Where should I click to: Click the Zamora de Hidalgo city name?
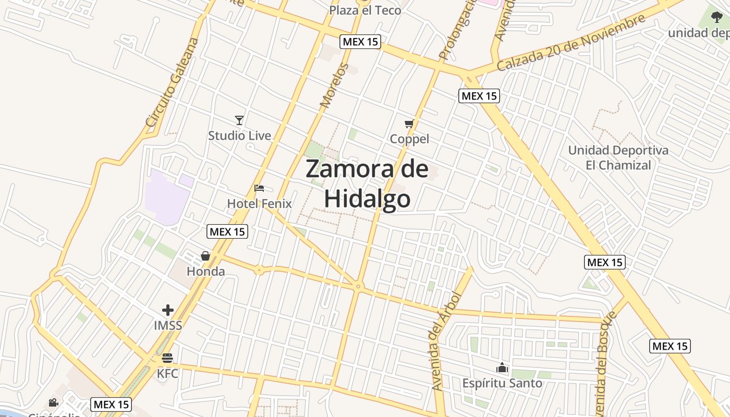pyautogui.click(x=367, y=183)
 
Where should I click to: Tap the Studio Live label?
pyautogui.click(x=239, y=136)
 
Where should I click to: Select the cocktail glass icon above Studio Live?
pyautogui.click(x=239, y=120)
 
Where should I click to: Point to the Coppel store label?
pyautogui.click(x=409, y=139)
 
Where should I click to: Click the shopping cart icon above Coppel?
pyautogui.click(x=409, y=124)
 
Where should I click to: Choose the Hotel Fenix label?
pyautogui.click(x=259, y=203)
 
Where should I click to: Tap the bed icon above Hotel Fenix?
pyautogui.click(x=259, y=188)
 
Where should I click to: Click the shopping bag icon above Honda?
pyautogui.click(x=205, y=256)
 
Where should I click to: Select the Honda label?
pyautogui.click(x=205, y=272)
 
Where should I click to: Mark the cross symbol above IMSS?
pyautogui.click(x=167, y=311)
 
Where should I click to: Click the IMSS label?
pyautogui.click(x=167, y=326)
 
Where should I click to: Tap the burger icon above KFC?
pyautogui.click(x=167, y=358)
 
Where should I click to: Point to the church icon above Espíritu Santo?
pyautogui.click(x=502, y=368)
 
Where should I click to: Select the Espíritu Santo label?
pyautogui.click(x=502, y=384)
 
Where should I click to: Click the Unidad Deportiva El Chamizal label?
pyautogui.click(x=618, y=158)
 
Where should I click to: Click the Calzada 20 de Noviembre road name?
pyautogui.click(x=570, y=43)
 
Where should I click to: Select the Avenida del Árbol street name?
pyautogui.click(x=446, y=341)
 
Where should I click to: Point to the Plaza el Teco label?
pyautogui.click(x=365, y=10)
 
